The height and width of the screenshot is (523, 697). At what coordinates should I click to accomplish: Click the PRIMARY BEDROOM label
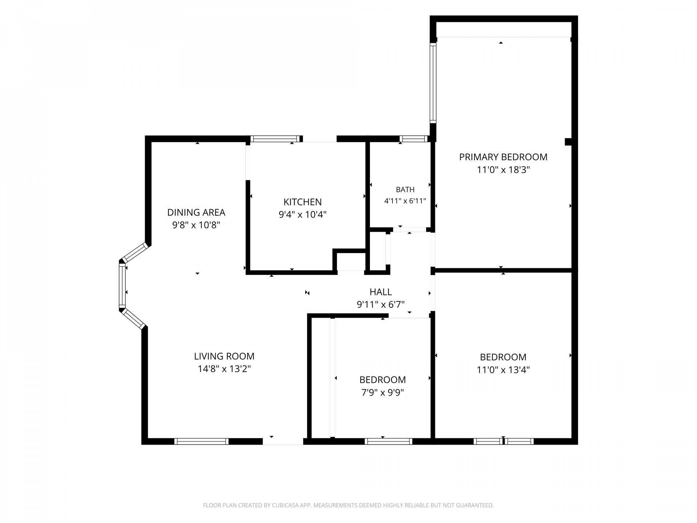[503, 157]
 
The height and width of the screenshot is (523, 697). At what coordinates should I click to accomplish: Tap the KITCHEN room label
[302, 202]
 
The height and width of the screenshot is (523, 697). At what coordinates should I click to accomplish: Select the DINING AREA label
[196, 212]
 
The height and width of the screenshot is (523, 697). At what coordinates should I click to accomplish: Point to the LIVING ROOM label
[224, 356]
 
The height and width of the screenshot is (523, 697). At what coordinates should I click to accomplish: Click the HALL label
[380, 292]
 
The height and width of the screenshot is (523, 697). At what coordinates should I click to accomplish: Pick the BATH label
[405, 190]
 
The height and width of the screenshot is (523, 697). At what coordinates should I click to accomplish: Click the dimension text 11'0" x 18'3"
[503, 170]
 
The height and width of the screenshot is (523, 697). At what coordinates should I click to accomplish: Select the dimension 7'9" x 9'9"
[383, 393]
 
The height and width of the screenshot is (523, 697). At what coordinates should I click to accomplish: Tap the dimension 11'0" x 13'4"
[503, 370]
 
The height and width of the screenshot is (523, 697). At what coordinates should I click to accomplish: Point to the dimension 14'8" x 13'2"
[224, 369]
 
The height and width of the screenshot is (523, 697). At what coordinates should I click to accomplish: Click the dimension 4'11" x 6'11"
[405, 201]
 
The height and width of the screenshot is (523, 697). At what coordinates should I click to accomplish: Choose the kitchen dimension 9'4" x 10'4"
[302, 215]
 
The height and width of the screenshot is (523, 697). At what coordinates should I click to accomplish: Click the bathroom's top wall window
[414, 138]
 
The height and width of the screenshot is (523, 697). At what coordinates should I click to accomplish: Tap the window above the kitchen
[276, 138]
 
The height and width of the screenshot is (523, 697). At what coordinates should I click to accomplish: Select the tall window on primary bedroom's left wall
[433, 83]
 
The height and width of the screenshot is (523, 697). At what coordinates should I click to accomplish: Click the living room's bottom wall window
[201, 441]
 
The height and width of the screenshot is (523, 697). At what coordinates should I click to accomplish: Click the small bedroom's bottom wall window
[388, 441]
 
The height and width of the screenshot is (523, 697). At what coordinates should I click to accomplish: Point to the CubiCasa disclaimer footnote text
[348, 505]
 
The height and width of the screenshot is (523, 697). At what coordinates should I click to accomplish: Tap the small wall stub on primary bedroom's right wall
[568, 142]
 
